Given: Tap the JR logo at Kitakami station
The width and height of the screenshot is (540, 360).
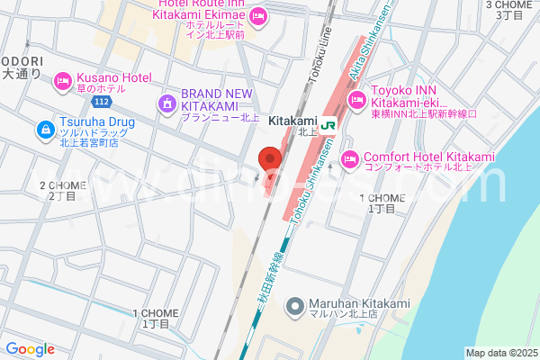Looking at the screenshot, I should point(329,124).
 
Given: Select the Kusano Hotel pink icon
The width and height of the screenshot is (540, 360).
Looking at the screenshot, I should point(63,82).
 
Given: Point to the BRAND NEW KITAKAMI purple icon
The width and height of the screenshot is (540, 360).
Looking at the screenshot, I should point(167,104).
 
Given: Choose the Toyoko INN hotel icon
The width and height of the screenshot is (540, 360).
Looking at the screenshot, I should point(358,97).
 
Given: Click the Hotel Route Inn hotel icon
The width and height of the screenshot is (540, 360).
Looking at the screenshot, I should point(257,15).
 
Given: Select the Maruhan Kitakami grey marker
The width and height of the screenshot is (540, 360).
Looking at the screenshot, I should point(294,307).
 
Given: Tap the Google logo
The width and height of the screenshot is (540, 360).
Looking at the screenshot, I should point(30,349).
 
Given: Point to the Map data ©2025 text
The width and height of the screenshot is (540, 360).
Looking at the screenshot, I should point(501,352).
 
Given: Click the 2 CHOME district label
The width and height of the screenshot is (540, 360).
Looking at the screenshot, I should point(61,190).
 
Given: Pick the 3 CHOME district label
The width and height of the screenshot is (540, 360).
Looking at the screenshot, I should point(511,9).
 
